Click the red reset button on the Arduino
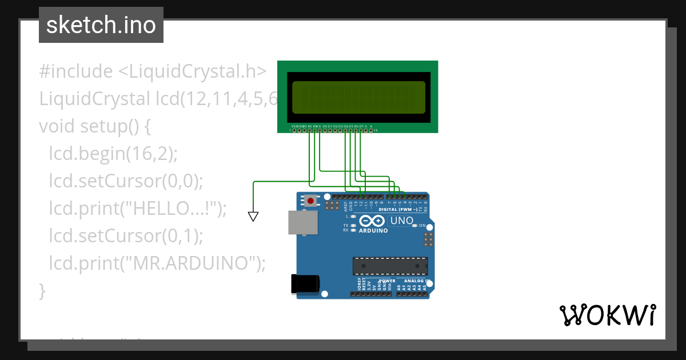(x=310, y=201)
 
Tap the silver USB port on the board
(x=302, y=222)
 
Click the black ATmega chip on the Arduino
(x=390, y=266)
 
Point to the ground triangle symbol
(x=253, y=216)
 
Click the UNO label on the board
(x=401, y=221)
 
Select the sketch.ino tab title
(x=101, y=25)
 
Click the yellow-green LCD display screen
(x=358, y=97)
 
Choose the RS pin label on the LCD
(x=310, y=126)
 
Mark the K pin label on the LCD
(x=371, y=126)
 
